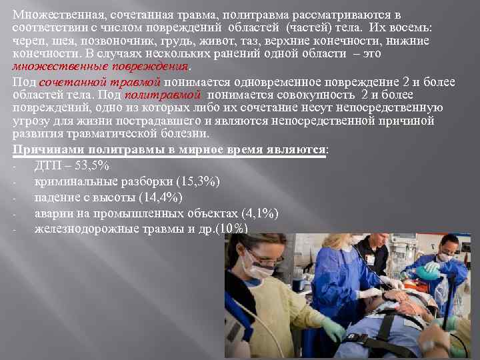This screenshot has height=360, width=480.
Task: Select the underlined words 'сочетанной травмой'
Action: point(100,83)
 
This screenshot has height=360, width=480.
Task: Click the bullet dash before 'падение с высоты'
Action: point(14,198)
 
